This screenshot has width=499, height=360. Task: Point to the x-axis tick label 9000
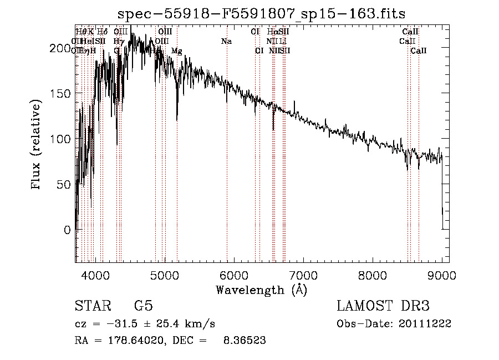tap(442, 275)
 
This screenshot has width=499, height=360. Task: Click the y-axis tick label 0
tap(67, 229)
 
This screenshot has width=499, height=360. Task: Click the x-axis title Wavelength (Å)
tap(261, 290)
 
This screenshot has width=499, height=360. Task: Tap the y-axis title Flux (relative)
tap(37, 145)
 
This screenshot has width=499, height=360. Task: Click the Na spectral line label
tap(226, 42)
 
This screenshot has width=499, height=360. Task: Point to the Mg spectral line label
tap(176, 51)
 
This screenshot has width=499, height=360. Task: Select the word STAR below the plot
tap(93, 306)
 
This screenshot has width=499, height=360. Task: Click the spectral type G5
tap(144, 306)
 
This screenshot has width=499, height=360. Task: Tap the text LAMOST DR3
tap(383, 306)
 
